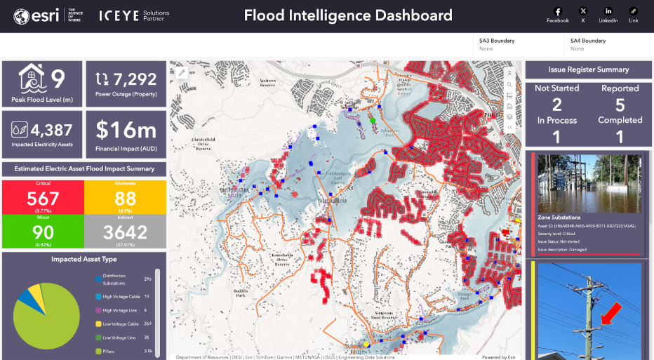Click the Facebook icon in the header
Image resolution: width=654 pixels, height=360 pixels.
tap(558, 11)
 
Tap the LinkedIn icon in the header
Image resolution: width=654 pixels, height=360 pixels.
tap(608, 11)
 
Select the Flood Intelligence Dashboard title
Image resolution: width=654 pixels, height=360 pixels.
tap(348, 15)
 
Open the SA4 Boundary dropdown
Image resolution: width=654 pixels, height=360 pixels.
tap(608, 45)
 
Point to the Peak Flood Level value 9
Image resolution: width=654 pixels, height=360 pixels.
tap(58, 78)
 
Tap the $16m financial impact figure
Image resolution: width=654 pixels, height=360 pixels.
tap(126, 130)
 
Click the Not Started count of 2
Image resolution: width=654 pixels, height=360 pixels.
tap(556, 105)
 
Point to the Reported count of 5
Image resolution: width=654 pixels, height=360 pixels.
tap(620, 105)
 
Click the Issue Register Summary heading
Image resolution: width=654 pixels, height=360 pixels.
tap(588, 69)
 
